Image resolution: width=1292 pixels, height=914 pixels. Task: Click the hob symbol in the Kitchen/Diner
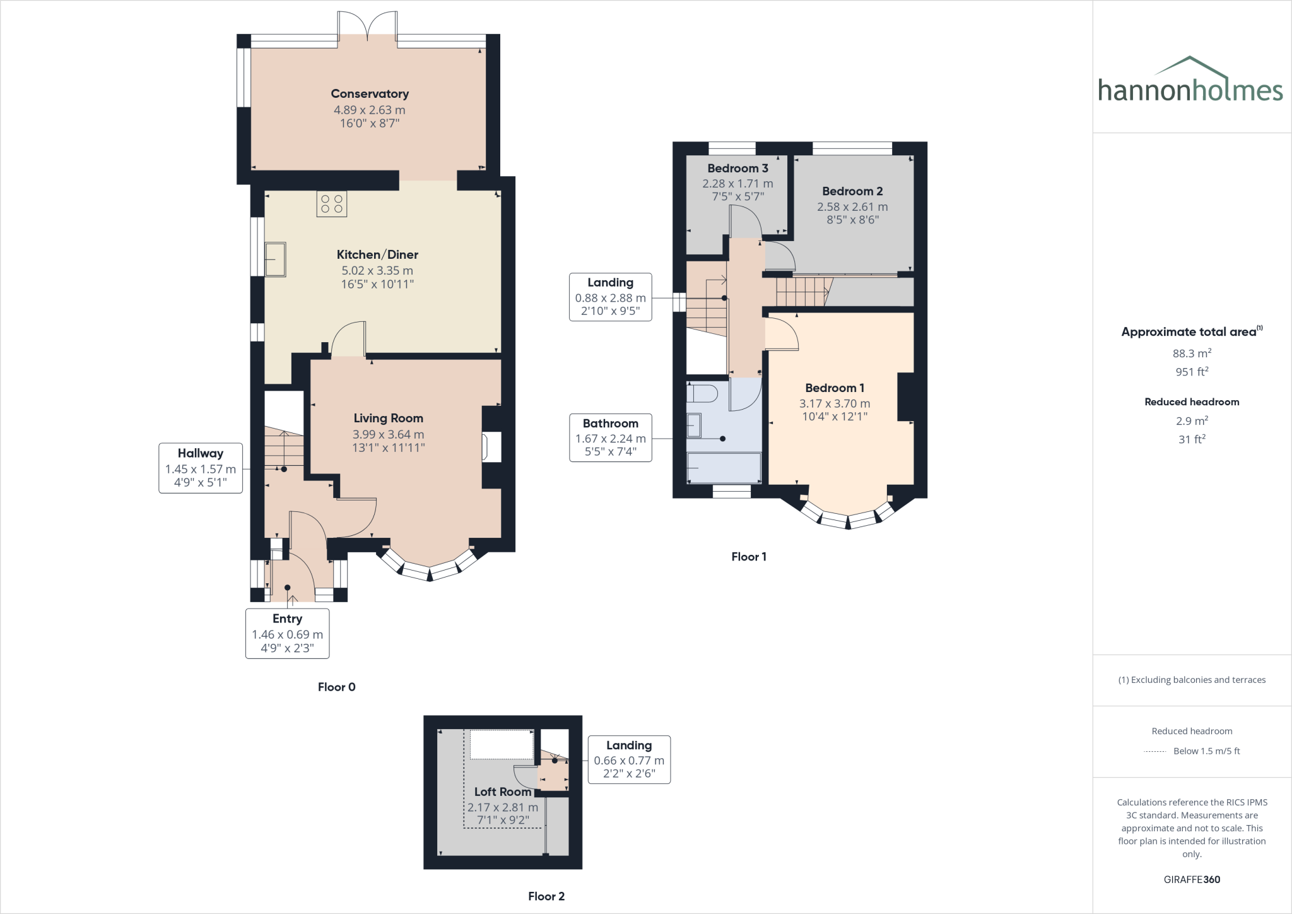(x=332, y=204)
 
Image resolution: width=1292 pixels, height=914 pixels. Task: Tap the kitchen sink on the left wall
(x=276, y=259)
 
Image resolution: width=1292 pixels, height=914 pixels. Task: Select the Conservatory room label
(x=370, y=94)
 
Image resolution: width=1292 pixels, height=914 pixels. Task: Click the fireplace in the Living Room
(x=491, y=447)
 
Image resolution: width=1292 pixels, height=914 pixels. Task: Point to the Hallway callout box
(x=201, y=468)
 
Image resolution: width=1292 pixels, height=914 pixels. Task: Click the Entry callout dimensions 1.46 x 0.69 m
(x=287, y=634)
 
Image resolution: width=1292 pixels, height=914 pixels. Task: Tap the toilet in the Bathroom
(x=702, y=393)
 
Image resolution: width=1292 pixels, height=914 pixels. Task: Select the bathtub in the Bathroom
(x=724, y=468)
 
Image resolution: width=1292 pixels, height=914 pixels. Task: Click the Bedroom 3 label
(x=737, y=169)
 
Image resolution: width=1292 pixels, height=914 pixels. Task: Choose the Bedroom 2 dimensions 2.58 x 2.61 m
(x=852, y=207)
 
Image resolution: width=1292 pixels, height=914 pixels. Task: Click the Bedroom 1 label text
(x=835, y=388)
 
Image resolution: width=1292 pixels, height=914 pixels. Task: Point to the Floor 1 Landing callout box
(x=610, y=297)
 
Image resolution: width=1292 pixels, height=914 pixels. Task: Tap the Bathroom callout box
(x=610, y=437)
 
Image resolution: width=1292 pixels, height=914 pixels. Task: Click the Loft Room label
(x=503, y=792)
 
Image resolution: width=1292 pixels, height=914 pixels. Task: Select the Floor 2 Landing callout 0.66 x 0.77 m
(x=629, y=761)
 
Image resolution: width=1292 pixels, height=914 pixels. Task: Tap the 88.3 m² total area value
(x=1192, y=353)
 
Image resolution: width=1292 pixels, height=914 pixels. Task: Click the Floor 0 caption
(x=336, y=687)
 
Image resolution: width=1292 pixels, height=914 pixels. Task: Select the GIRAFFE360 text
(x=1192, y=879)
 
